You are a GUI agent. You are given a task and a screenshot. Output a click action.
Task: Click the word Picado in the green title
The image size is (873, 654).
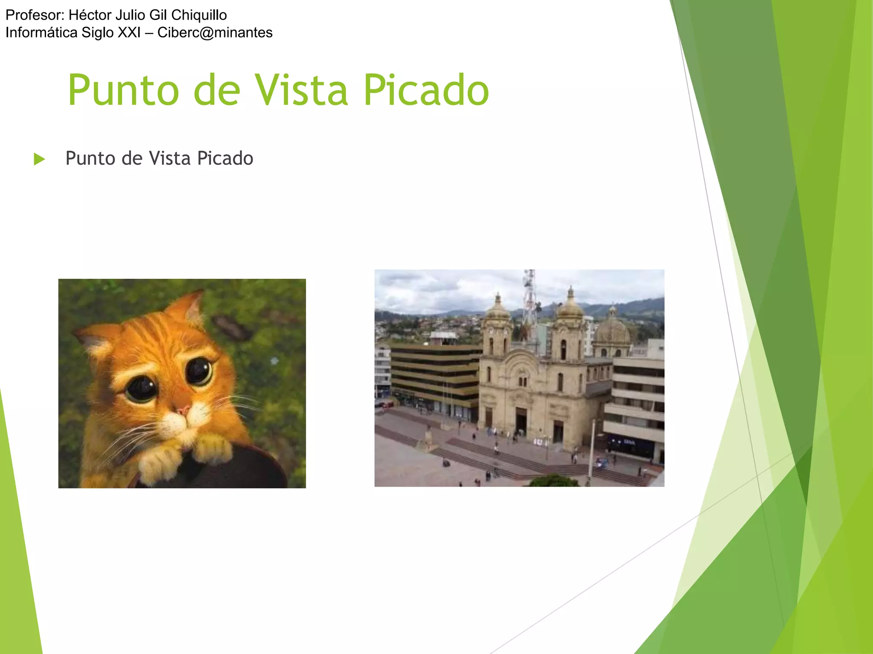click(x=426, y=90)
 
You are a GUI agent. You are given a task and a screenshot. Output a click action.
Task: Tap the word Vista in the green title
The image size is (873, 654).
click(x=301, y=90)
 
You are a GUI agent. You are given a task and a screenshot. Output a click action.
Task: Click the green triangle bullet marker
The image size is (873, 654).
click(x=39, y=159)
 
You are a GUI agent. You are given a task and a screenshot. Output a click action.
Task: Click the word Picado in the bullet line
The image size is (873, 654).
click(x=225, y=158)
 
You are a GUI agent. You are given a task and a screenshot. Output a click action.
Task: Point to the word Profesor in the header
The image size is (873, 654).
click(x=35, y=15)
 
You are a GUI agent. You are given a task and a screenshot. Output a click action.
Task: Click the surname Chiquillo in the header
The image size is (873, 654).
click(x=199, y=15)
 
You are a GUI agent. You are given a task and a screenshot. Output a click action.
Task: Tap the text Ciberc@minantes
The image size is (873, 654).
click(x=215, y=33)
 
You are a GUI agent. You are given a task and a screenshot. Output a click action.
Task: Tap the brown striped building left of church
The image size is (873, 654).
click(x=435, y=375)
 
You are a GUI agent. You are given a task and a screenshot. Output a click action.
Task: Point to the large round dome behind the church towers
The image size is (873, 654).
click(x=612, y=330)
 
